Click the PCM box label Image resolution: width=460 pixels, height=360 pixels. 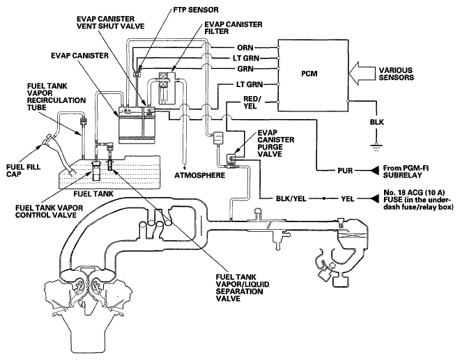point(309,73)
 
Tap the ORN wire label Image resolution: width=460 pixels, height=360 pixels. point(245,47)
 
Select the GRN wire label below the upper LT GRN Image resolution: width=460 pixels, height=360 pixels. point(245,69)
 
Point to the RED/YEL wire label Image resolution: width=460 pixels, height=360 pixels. point(250,102)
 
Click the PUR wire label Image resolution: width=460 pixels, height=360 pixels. point(345,171)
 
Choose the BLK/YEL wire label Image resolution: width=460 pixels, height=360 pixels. point(291,198)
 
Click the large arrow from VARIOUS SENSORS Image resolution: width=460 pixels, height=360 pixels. point(365,73)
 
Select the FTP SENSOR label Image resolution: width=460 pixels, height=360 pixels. point(196,10)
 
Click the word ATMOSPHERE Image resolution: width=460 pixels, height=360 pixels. point(199,175)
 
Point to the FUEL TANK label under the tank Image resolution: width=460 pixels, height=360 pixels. point(93,194)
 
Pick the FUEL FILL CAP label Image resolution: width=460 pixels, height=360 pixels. point(24,171)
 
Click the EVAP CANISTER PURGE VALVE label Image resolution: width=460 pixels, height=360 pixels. point(275,143)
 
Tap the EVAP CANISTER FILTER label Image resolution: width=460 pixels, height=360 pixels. point(233,28)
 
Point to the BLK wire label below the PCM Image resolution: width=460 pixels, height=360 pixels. point(376,122)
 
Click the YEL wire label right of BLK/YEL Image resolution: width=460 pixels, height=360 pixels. point(348,198)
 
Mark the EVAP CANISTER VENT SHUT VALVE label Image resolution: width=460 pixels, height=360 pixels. point(111,22)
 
